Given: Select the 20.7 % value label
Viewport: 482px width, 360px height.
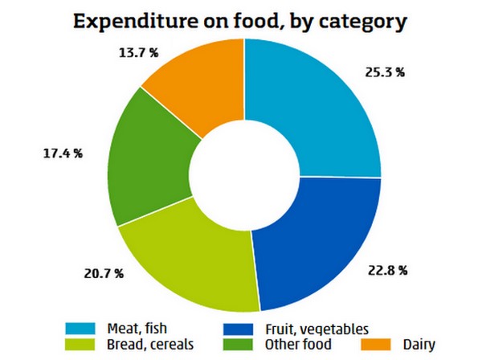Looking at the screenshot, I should point(104,274).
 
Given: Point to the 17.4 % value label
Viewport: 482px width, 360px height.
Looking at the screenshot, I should point(63,152).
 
